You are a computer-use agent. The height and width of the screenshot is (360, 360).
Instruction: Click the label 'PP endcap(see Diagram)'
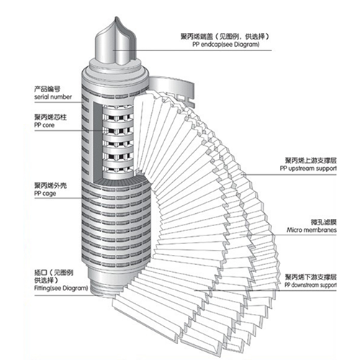pos(226,45)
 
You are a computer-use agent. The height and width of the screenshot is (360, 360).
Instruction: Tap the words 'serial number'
pos(53,97)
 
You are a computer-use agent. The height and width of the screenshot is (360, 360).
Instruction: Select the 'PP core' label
pos(45,125)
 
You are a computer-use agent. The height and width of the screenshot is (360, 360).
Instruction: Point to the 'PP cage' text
pos(45,194)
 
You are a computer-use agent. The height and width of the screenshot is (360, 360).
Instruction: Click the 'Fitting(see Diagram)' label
pos(61,288)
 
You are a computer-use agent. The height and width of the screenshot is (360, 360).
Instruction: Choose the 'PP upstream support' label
pos(308,168)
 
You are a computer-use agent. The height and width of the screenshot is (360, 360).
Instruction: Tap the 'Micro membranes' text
pos(312,230)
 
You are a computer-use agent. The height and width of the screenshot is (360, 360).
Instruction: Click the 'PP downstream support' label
pos(310,285)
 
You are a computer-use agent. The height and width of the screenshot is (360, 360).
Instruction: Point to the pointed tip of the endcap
pos(116,17)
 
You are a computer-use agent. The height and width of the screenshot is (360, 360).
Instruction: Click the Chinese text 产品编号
pos(47,89)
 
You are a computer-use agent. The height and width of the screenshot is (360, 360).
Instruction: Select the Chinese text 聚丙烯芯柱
pos(50,117)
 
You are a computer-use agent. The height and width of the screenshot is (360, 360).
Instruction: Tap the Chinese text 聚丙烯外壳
pos(50,186)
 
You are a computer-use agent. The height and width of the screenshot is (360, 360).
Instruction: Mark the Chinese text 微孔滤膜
pos(323,222)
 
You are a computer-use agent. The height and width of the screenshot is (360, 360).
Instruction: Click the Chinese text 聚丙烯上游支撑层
pos(311,161)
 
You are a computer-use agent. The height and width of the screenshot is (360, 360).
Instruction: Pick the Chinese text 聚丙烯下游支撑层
pos(311,277)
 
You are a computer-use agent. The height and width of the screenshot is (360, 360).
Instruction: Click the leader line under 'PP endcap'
pos(192,50)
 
